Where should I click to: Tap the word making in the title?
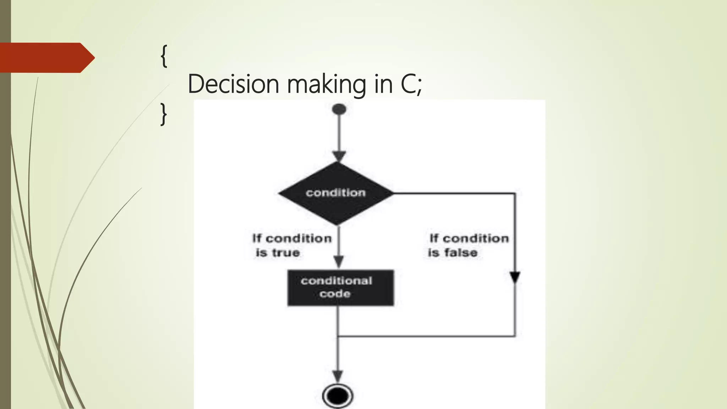(326, 84)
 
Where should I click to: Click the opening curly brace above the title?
(164, 56)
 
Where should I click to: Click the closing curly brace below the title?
(163, 114)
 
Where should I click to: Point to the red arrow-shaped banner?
(46, 58)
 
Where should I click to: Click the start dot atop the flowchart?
(339, 109)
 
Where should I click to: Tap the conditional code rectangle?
(340, 288)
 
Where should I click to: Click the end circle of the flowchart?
(338, 395)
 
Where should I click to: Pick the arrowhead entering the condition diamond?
(339, 156)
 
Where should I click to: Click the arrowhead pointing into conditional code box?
(339, 262)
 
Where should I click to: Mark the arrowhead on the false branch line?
(515, 277)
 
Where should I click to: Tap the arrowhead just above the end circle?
(338, 376)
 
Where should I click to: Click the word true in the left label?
(286, 253)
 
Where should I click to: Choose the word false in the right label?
(461, 253)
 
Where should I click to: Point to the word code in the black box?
(335, 294)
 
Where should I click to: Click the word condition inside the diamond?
(335, 193)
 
